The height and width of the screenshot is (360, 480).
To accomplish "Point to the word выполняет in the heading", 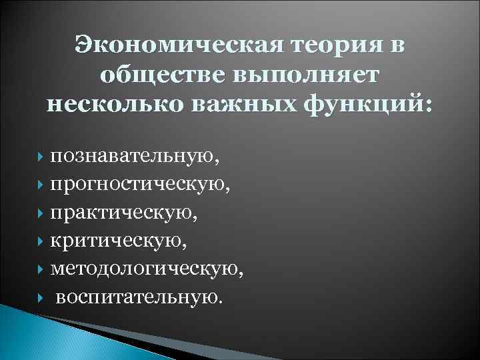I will (304, 75).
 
